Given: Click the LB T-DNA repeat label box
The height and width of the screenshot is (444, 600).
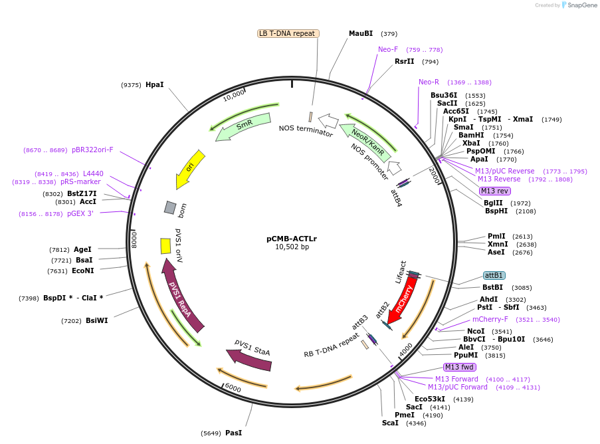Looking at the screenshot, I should [x=288, y=33].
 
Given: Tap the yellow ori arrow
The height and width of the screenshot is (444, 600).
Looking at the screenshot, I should [x=190, y=169].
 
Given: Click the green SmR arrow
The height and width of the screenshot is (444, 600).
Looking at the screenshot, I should [x=243, y=126].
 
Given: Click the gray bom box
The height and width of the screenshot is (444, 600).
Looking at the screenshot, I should [x=170, y=207].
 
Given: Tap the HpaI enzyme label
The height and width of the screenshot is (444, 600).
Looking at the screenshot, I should [x=154, y=84].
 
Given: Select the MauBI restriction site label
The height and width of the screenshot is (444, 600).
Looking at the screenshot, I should [x=361, y=33].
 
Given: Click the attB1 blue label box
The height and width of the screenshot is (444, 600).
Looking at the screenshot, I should [x=494, y=275].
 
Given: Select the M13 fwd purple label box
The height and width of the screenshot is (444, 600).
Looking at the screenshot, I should [x=460, y=367].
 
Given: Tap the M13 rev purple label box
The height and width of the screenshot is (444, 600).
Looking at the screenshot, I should [x=494, y=191].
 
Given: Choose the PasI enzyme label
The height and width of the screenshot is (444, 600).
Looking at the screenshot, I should [x=233, y=433].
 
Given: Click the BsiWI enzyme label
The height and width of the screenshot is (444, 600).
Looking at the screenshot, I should [x=98, y=320].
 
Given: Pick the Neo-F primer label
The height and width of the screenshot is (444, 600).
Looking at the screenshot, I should [x=388, y=49].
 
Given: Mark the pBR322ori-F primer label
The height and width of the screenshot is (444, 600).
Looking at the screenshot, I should [x=92, y=150].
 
